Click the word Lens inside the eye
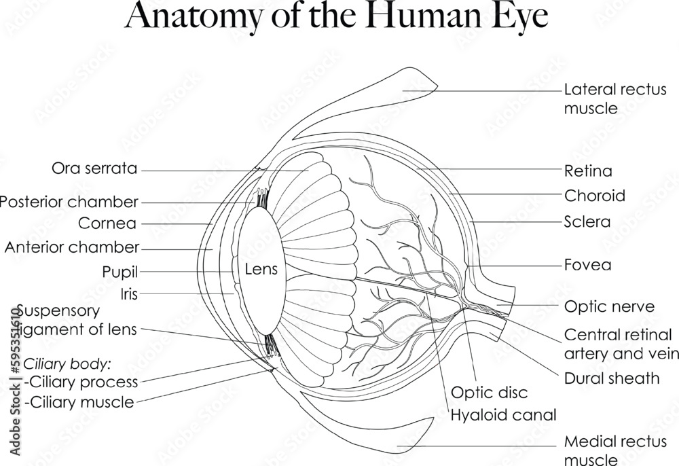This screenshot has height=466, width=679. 261,270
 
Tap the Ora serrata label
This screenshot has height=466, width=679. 94,168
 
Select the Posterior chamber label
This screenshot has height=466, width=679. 69,202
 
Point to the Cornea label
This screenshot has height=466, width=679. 107,223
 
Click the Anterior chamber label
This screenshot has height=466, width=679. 72,247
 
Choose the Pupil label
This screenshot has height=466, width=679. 120,272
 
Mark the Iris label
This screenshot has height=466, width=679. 129,294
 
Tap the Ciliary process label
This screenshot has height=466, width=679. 81,382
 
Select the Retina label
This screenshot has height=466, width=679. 588,171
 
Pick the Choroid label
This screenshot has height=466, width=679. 595,196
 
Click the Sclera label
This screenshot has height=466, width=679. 587,221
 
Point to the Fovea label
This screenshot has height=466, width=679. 587,265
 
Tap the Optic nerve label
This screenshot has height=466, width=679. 610,307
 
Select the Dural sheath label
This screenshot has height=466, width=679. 612,378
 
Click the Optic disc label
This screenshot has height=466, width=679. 490,393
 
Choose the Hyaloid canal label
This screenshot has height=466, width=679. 504,414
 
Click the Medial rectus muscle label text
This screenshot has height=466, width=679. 616,450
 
